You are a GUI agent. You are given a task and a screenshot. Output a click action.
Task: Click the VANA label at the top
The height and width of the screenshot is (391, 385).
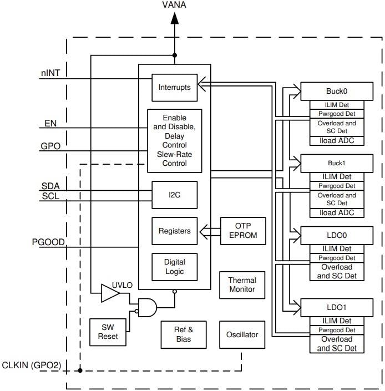click(174, 5)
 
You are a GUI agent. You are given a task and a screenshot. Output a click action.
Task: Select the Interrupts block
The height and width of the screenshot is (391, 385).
click(174, 88)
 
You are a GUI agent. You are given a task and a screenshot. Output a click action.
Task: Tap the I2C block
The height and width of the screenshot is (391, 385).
click(174, 195)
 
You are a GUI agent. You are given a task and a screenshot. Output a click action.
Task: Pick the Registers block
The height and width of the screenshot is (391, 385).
click(174, 231)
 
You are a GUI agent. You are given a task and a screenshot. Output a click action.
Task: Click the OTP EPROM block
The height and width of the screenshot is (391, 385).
click(243, 231)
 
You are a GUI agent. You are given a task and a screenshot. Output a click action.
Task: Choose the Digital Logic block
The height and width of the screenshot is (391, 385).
click(174, 267)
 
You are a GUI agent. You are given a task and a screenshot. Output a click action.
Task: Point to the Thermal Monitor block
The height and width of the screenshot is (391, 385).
click(242, 285)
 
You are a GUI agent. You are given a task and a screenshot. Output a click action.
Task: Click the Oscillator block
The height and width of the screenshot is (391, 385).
click(242, 335)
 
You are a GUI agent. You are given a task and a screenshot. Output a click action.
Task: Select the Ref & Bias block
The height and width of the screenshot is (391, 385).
click(184, 334)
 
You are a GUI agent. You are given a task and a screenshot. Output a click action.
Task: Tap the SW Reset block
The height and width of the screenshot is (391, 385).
click(108, 332)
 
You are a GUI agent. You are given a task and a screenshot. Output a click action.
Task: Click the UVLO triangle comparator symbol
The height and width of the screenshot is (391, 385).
click(110, 293)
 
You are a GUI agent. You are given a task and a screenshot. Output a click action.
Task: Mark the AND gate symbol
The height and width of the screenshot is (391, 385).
click(147, 307)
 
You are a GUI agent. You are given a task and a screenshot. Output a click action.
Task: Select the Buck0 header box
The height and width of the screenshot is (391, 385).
click(337, 91)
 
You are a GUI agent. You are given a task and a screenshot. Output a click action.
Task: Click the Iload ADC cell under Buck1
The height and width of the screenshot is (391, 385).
click(337, 213)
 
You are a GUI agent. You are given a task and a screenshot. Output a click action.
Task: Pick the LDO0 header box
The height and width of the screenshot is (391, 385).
click(337, 235)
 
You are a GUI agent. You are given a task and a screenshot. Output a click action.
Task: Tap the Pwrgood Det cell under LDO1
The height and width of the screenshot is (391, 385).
click(337, 330)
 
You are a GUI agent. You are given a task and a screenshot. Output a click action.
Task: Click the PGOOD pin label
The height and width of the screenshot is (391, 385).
click(48, 242)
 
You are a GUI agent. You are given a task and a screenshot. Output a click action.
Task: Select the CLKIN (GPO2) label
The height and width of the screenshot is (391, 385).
click(32, 365)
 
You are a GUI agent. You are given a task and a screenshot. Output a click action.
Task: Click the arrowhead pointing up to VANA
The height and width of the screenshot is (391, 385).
click(174, 18)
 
